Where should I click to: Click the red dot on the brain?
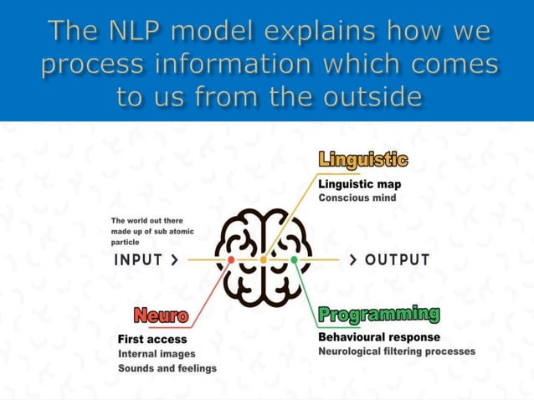232,260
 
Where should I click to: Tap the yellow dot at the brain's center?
264,260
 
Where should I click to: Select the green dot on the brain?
294,260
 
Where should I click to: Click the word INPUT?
138,260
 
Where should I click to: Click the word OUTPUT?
398,260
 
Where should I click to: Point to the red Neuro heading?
161,316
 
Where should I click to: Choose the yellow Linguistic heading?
363,159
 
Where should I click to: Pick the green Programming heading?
379,315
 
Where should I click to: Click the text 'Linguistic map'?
360,184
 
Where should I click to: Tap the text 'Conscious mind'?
357,198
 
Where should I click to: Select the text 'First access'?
152,340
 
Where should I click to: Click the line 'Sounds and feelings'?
167,368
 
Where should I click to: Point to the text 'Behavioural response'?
379,337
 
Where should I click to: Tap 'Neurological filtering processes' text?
397,351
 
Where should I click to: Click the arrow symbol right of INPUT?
174,260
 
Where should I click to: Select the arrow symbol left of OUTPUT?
354,260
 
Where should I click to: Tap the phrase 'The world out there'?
146,221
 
